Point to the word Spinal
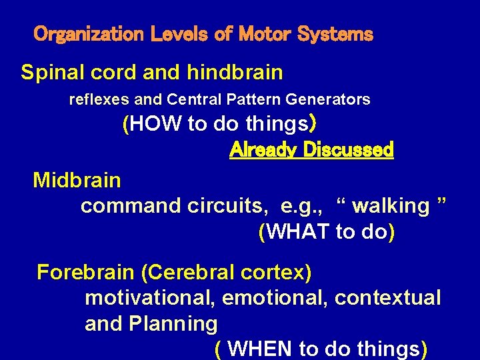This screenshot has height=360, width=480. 53,72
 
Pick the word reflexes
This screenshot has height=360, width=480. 99,100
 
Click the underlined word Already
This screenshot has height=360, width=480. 263,150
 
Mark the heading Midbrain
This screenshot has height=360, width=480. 77,180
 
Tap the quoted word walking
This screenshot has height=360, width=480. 391,206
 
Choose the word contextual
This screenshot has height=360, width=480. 387,298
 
